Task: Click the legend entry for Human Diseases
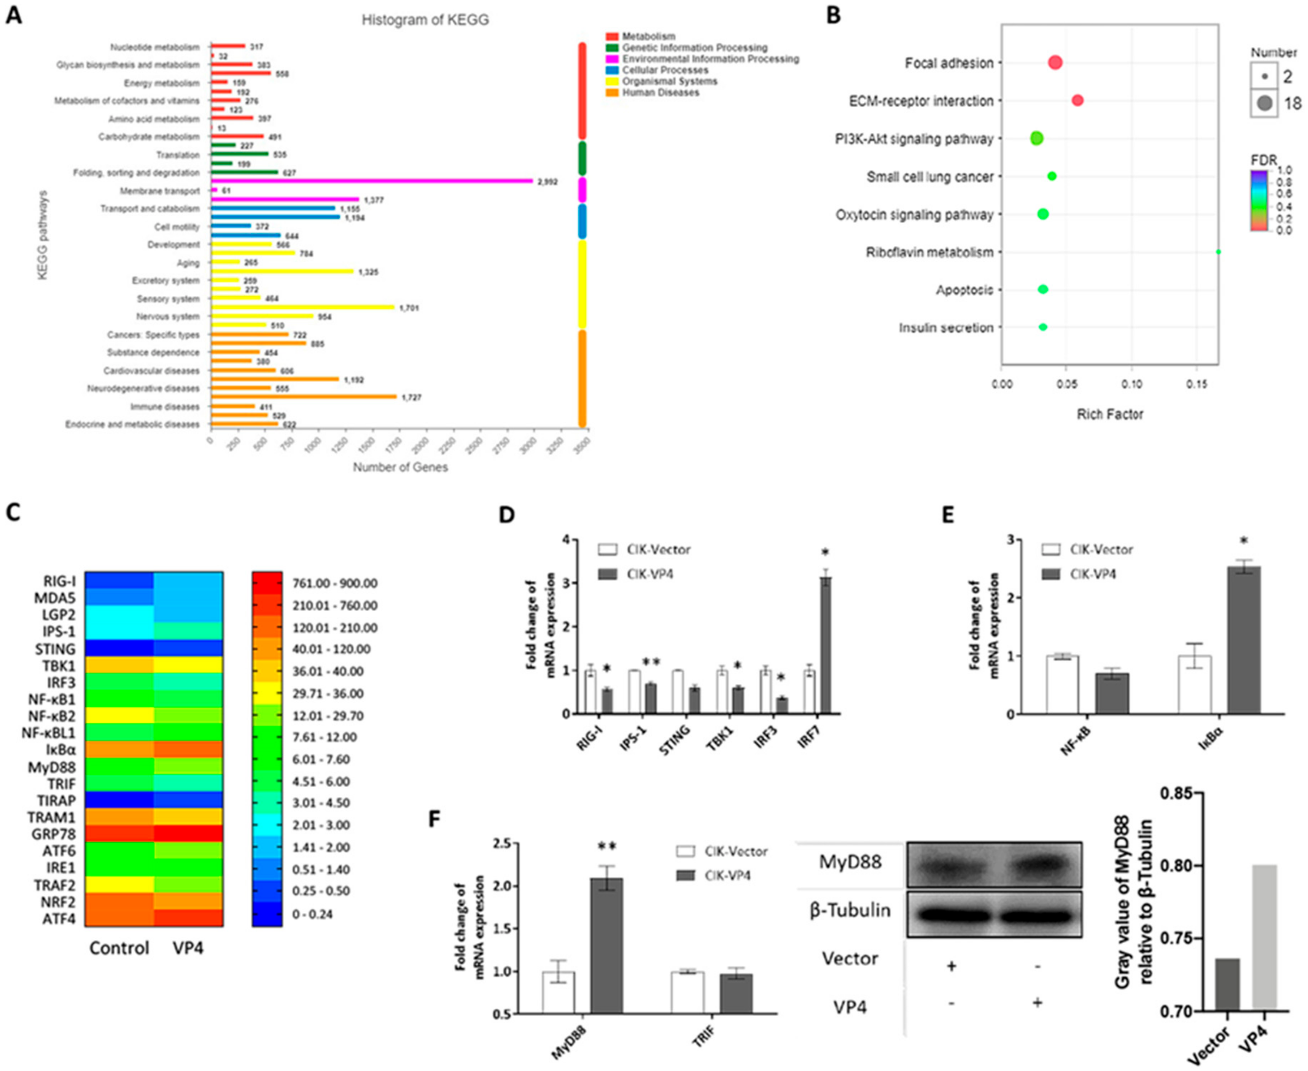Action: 660,92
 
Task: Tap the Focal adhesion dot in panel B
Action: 1055,62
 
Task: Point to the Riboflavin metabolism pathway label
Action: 929,252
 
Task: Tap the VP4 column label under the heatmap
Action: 188,948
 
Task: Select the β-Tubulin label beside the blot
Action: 850,911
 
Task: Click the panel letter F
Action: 434,819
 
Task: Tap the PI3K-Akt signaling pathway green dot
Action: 1036,138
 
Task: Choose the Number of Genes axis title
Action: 400,467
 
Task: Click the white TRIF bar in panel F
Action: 687,992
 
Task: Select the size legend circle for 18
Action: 1265,103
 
